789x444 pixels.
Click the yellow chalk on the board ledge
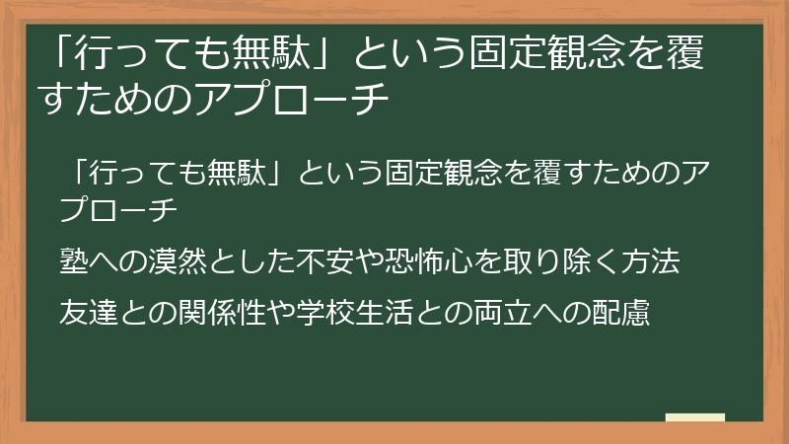click(694, 418)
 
